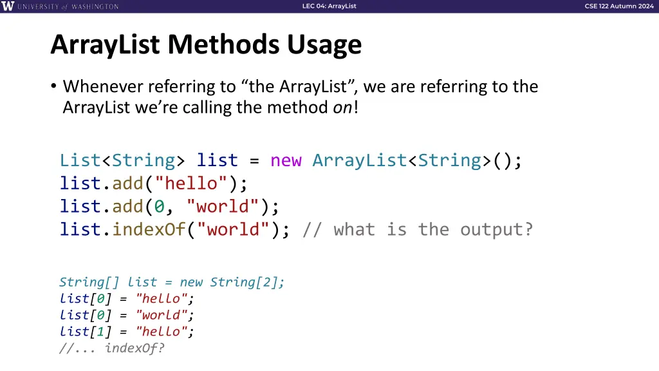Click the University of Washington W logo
[8, 6]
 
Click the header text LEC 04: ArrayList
[329, 6]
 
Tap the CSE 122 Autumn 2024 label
[618, 6]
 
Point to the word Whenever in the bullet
[104, 86]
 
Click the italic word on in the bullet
[342, 107]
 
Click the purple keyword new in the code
[286, 160]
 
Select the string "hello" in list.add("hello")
[191, 184]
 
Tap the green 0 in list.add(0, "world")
[160, 207]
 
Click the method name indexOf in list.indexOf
[149, 230]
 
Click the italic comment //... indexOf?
[111, 348]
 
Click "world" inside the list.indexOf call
[238, 230]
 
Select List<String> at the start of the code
[122, 160]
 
